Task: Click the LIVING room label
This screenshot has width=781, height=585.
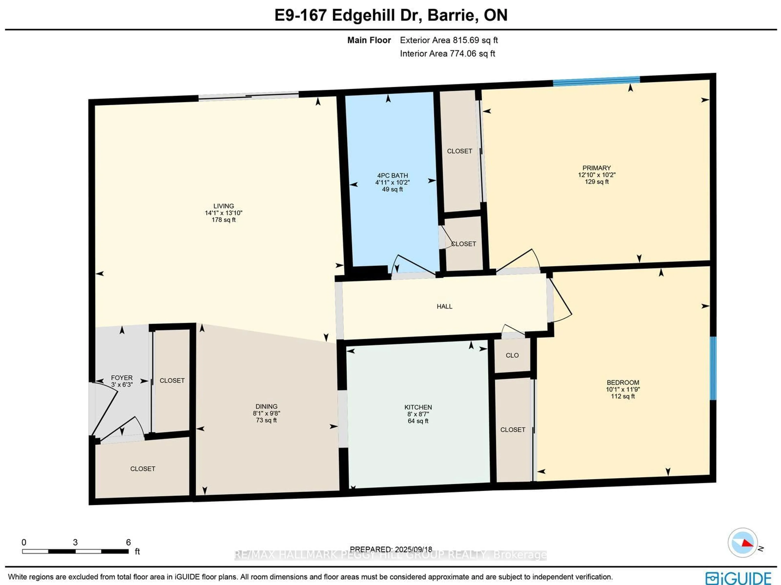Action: [224, 206]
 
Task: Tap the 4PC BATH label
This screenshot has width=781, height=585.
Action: [392, 176]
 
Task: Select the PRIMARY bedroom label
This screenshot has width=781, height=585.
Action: [596, 168]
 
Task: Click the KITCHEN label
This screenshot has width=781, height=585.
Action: [418, 407]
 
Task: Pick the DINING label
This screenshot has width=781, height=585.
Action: [266, 407]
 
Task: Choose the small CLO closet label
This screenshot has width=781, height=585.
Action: [512, 355]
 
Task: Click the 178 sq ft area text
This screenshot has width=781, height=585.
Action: [224, 220]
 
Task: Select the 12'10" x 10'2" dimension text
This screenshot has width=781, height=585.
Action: [596, 175]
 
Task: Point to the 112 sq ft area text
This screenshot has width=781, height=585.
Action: [623, 396]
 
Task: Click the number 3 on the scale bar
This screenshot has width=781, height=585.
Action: [75, 542]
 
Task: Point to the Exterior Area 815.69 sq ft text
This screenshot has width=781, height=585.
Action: [449, 40]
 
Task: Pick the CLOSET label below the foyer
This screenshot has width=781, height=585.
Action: [143, 469]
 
